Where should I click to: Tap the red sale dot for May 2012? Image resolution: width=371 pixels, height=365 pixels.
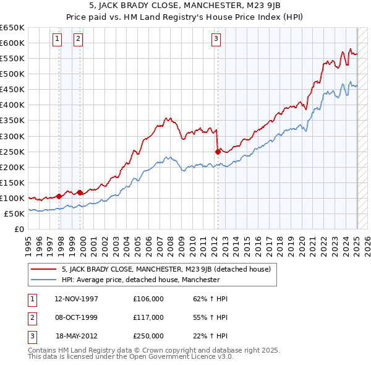tap(218, 151)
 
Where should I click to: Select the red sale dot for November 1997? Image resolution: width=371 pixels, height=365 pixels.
tap(59, 196)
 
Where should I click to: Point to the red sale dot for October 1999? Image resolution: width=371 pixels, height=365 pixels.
tap(80, 192)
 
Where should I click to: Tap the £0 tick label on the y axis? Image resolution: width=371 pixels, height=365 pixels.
tap(19, 229)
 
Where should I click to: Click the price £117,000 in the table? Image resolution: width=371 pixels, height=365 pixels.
tap(148, 317)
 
